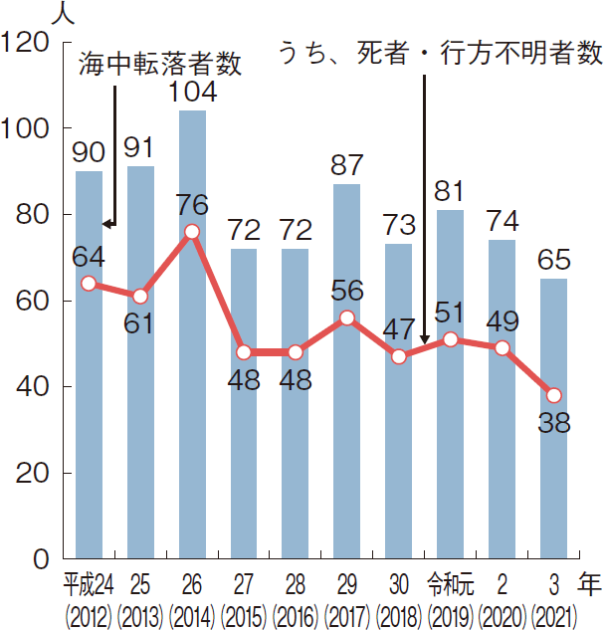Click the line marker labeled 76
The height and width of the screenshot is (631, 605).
click(192, 231)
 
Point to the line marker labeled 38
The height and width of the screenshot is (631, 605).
click(554, 395)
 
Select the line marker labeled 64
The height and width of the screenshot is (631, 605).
click(89, 283)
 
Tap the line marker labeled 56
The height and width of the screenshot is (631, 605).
click(347, 317)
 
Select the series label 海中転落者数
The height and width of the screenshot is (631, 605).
click(160, 65)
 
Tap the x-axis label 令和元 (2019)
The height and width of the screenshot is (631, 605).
click(451, 581)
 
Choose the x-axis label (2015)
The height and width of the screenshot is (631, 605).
click(244, 612)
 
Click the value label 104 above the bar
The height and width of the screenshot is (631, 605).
click(192, 92)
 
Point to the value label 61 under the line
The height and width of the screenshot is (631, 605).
click(139, 325)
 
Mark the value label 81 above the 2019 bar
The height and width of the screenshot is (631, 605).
click(451, 190)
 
